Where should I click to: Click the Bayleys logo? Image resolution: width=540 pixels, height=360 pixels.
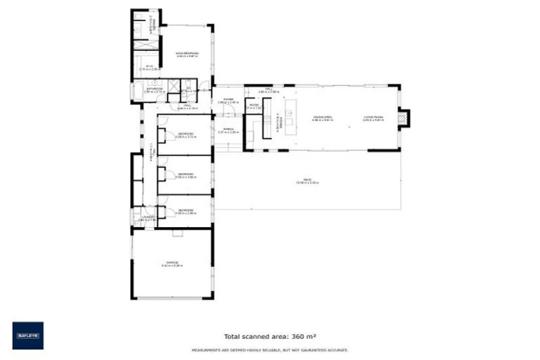(27, 335)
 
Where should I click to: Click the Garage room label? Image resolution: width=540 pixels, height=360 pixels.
(172, 264)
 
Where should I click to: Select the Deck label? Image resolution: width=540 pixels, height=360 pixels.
(308, 181)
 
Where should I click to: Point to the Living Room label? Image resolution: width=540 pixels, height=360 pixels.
(373, 118)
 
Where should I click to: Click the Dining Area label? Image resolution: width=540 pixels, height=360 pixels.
(323, 118)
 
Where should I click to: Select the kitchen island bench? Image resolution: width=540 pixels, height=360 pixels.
(289, 120)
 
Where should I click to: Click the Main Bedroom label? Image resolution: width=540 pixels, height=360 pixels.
(186, 53)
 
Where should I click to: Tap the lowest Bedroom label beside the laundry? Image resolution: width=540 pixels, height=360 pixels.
(186, 210)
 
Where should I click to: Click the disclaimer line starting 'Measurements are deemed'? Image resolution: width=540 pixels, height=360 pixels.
(270, 349)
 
